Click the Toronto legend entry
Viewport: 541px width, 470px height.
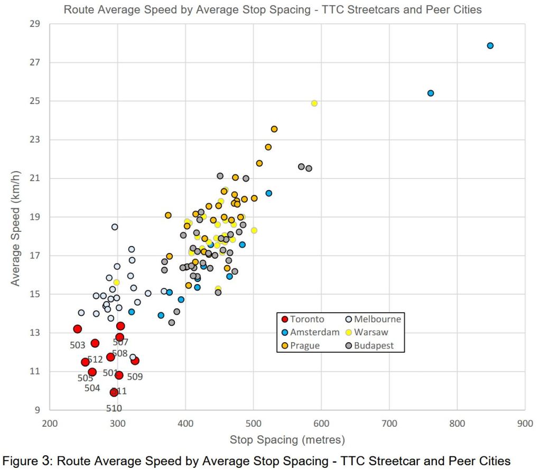pos(307,319)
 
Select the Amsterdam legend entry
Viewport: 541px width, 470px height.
pos(314,332)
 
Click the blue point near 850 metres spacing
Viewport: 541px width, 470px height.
pos(490,45)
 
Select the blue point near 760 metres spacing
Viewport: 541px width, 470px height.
pos(431,93)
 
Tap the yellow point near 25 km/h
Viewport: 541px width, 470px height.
pos(314,104)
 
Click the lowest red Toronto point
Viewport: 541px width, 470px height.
pos(114,392)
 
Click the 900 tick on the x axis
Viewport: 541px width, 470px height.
pos(525,422)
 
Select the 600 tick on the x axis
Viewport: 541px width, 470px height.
pos(321,422)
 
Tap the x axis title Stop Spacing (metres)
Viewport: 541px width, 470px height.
pos(287,439)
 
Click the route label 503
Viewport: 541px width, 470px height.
pos(78,345)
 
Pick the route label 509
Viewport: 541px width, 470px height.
pos(135,377)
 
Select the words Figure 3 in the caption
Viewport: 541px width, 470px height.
pos(23,460)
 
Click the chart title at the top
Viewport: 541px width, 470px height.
pos(273,9)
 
